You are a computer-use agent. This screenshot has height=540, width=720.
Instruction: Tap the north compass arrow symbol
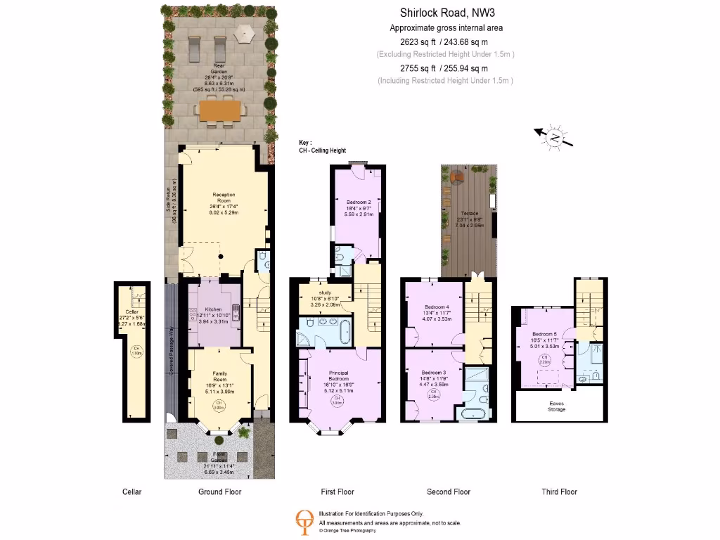pos(554,137)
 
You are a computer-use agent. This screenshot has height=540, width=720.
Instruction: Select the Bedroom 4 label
pos(437,307)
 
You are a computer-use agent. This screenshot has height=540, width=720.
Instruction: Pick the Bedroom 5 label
pos(544,334)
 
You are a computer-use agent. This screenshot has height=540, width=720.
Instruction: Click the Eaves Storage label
pos(557,406)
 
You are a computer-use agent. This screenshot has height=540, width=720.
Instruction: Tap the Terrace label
pos(469,213)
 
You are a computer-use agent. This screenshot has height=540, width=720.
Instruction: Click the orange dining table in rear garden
pos(219,110)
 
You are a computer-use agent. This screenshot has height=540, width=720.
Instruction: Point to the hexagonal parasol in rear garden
pos(244,33)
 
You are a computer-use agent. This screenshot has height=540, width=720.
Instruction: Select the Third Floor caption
pos(559,491)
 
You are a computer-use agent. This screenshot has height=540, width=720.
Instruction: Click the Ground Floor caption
pos(219,491)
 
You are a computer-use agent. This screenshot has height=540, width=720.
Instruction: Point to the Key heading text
pos(305,142)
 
